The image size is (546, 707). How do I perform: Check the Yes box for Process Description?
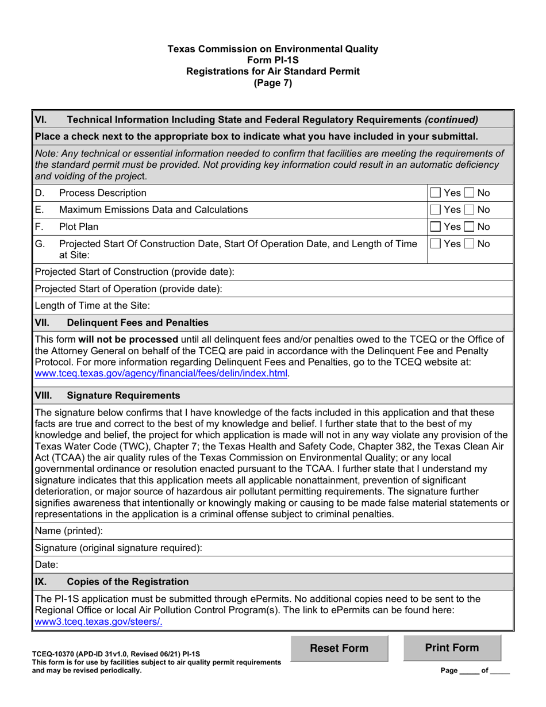436,193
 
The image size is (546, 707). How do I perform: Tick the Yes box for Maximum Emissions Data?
436,210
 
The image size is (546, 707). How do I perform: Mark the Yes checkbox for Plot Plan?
436,227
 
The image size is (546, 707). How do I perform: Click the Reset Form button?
339,648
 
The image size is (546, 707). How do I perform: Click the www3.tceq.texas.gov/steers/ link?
99,621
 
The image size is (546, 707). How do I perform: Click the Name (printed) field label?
69,531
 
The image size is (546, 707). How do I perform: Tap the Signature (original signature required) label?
118,548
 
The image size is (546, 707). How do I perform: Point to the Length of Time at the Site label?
92,306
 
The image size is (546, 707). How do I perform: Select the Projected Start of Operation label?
128,289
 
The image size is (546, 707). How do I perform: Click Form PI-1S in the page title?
272,60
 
